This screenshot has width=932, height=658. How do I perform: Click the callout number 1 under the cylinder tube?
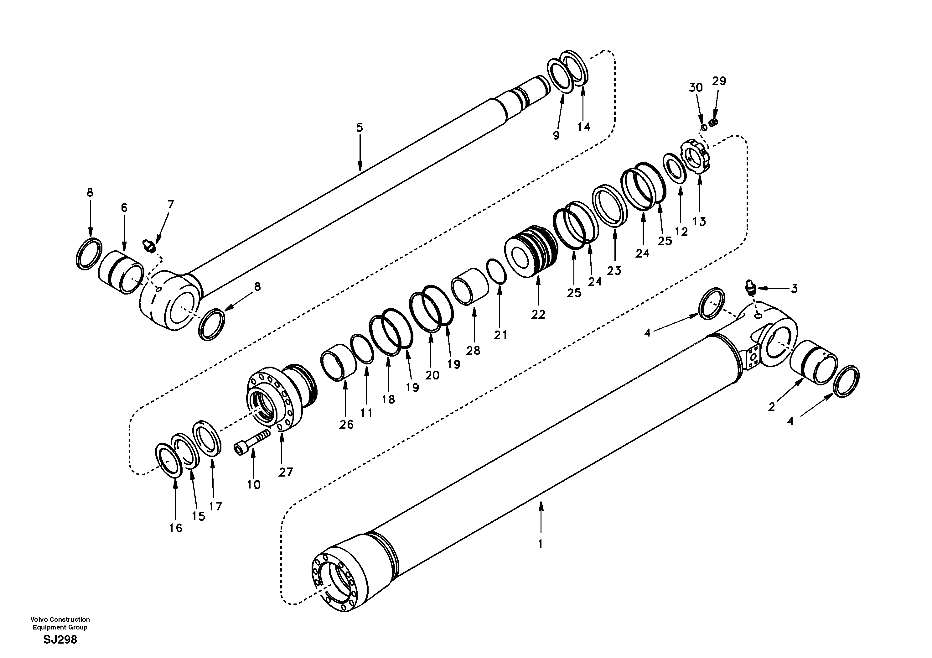click(540, 543)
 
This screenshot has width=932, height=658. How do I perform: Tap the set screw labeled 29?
click(714, 122)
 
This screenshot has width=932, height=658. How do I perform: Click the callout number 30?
click(696, 87)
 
